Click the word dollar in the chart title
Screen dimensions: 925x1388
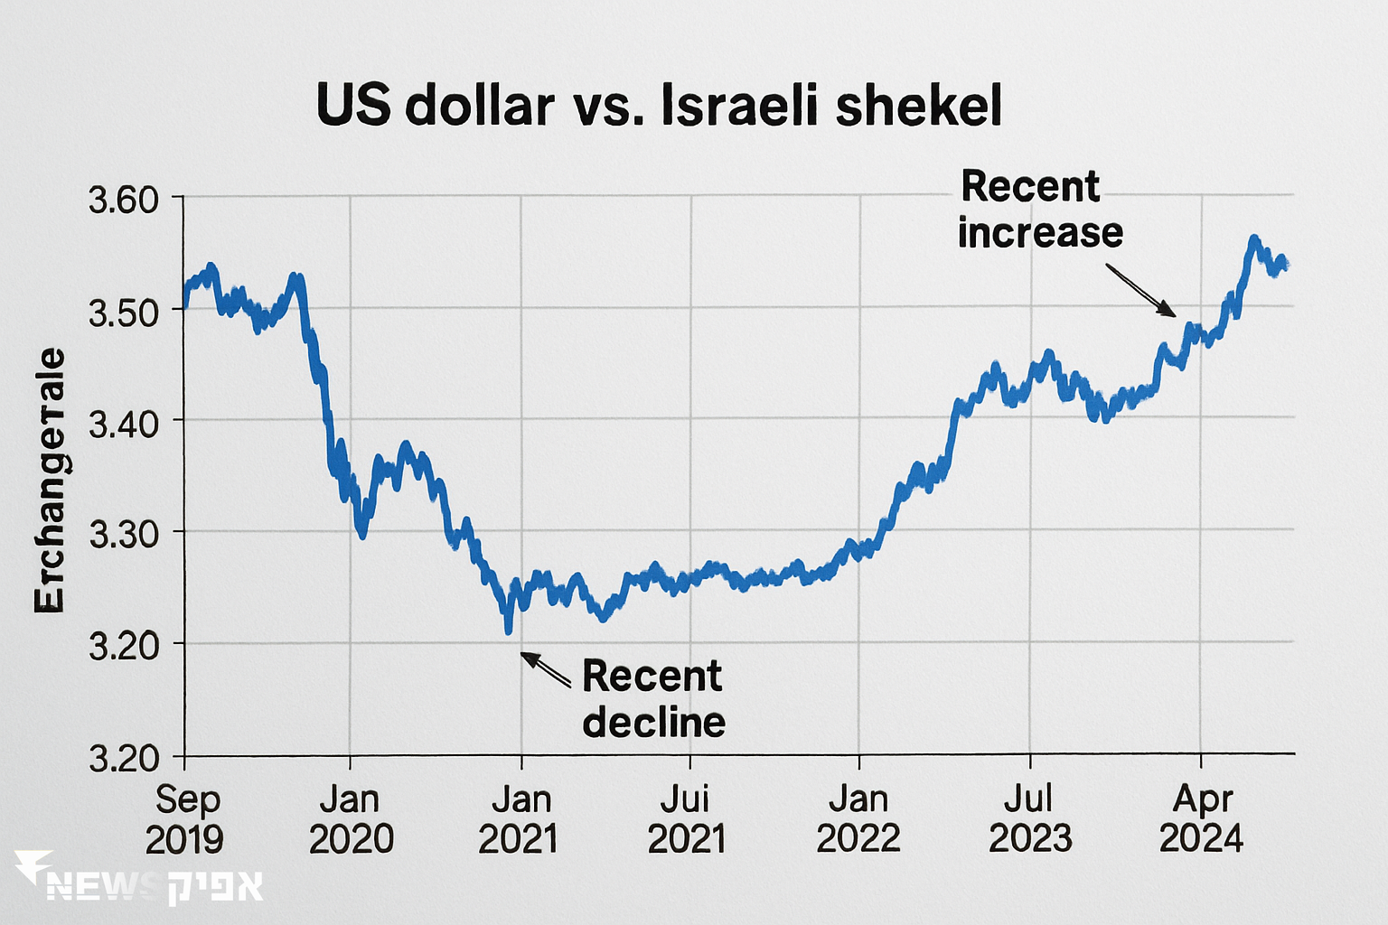click(479, 106)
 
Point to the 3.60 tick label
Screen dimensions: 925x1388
click(124, 200)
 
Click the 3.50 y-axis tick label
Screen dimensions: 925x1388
click(124, 312)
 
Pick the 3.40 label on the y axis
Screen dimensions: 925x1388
click(124, 423)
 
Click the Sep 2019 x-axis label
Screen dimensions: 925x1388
click(186, 819)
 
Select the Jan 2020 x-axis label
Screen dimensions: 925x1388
click(351, 819)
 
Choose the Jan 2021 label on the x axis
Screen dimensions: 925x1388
click(519, 819)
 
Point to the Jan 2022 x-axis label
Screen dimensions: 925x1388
click(858, 819)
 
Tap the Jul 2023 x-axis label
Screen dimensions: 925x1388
click(1029, 819)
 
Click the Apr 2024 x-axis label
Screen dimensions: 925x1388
click(1202, 819)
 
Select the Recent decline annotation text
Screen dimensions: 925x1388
click(652, 699)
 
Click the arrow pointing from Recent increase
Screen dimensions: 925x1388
click(1140, 290)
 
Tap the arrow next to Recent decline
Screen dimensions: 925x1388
click(545, 669)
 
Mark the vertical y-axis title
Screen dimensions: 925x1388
click(51, 481)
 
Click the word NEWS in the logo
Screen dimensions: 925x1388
click(99, 887)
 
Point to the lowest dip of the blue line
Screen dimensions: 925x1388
click(508, 630)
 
